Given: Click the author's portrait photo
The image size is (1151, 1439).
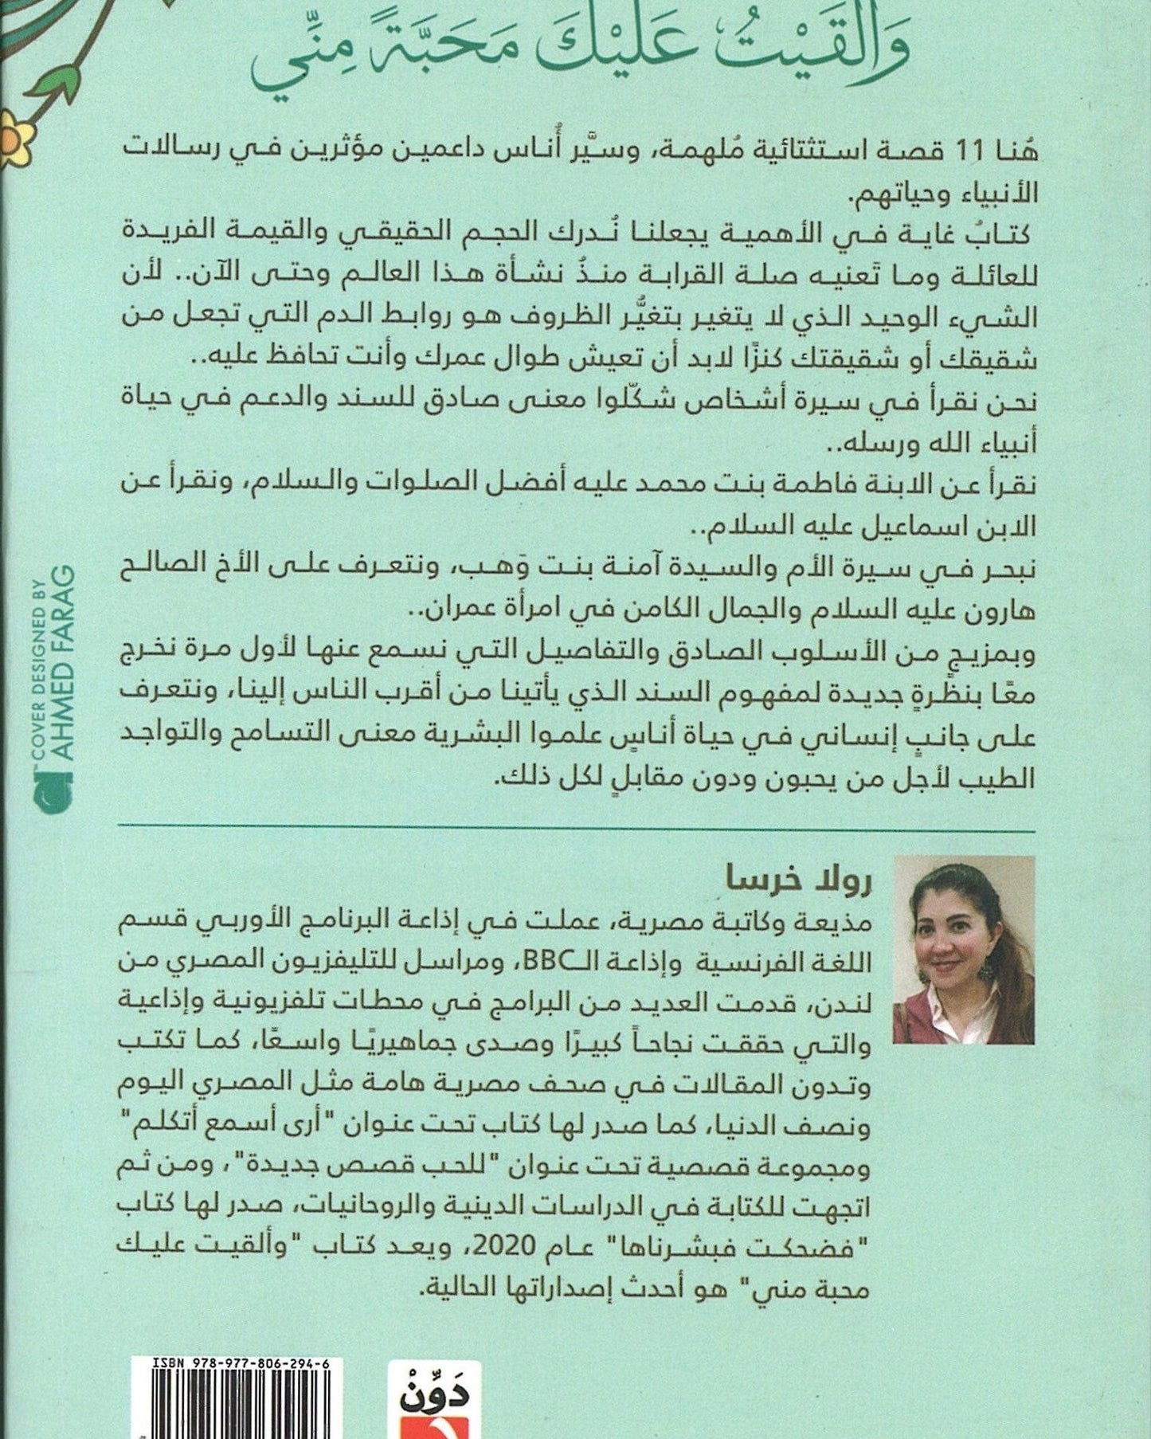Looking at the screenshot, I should pos(964,950).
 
